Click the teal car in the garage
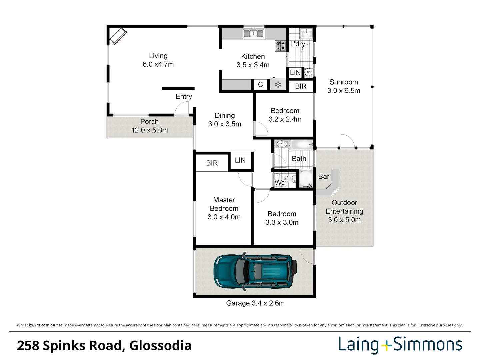click(255, 272)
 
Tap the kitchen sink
click(253, 34)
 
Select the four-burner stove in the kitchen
click(281, 46)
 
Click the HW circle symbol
click(308, 72)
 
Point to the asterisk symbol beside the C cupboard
click(278, 85)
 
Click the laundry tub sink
click(307, 33)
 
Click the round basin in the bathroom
click(282, 144)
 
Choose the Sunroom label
click(344, 82)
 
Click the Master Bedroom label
click(224, 204)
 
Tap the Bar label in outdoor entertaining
click(324, 176)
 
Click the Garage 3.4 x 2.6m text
click(255, 303)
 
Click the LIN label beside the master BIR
click(240, 160)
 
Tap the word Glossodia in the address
click(161, 346)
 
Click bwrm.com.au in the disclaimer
click(42, 325)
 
